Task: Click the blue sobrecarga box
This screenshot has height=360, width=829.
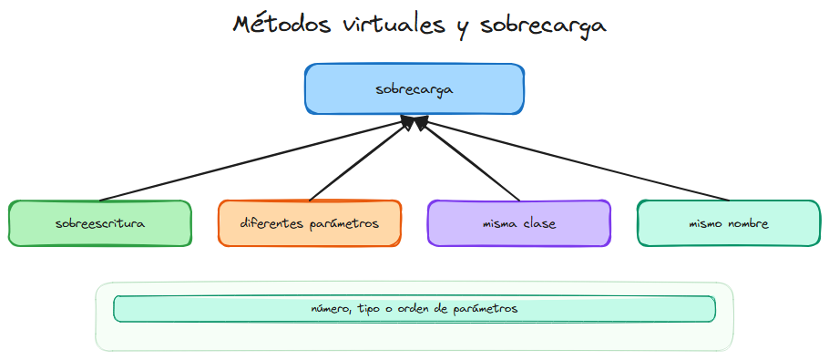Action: (414, 89)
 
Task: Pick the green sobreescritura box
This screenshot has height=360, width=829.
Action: (100, 223)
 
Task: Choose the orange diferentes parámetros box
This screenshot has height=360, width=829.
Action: (310, 223)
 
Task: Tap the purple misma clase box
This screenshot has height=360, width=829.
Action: (519, 223)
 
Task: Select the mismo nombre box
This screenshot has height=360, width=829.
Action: (729, 223)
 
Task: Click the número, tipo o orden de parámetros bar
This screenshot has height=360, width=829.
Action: (414, 309)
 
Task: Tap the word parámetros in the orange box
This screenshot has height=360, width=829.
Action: (344, 223)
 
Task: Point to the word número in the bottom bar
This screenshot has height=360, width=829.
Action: (331, 309)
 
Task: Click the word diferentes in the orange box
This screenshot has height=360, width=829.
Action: (271, 223)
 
